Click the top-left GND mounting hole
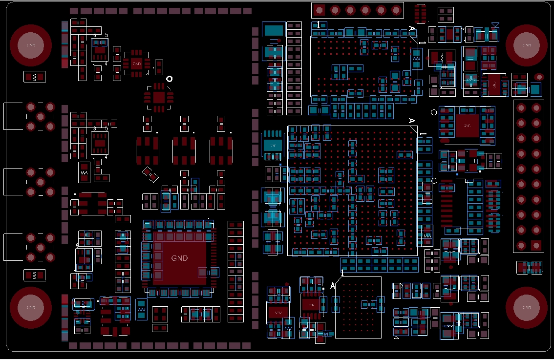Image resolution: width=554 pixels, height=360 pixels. tap(31, 45)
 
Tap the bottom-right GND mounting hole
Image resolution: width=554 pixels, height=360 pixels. tap(526, 308)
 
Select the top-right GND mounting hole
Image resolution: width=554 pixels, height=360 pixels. tap(526, 45)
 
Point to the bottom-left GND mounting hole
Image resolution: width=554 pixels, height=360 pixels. tap(31, 308)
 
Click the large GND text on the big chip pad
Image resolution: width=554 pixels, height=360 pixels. tap(179, 258)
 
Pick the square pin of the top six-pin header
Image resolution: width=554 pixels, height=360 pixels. tap(319, 10)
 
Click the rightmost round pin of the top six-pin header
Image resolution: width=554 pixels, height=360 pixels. tap(396, 10)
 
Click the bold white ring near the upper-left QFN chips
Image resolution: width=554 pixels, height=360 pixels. tap(170, 79)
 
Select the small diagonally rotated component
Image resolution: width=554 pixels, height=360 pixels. tap(150, 174)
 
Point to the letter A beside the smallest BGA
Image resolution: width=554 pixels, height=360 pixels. tap(333, 286)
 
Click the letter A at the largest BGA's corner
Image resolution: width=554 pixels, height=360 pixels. tap(411, 121)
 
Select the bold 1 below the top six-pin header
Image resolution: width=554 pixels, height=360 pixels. tap(319, 24)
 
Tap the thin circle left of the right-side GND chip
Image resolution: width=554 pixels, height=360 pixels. tap(434, 112)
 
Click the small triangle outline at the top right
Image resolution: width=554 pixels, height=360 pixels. tap(495, 24)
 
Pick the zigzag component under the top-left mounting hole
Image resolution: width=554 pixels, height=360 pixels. tap(34, 77)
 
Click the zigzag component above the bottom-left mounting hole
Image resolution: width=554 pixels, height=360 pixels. tap(34, 275)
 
